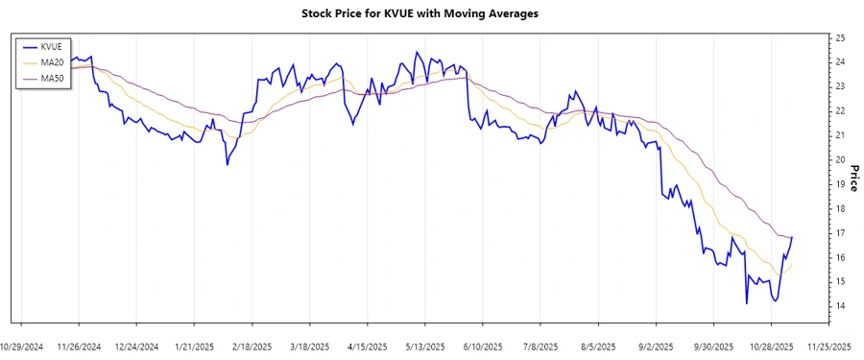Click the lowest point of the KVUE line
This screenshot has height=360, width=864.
pyautogui.click(x=746, y=303)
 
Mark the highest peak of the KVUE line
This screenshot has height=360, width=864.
pyautogui.click(x=417, y=52)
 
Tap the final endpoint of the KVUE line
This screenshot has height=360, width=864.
pyautogui.click(x=792, y=237)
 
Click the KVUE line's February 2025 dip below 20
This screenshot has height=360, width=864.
pyautogui.click(x=228, y=164)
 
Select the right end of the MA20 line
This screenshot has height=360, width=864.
pyautogui.click(x=792, y=265)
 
